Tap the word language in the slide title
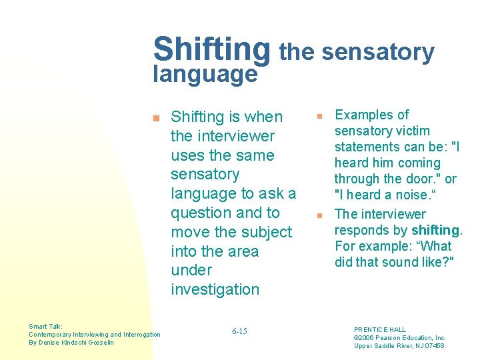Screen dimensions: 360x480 click(205, 74)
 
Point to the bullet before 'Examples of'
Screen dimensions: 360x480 click(319, 117)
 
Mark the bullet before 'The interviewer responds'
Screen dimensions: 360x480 click(319, 215)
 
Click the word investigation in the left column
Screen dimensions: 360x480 click(215, 289)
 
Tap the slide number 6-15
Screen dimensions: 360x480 click(239, 331)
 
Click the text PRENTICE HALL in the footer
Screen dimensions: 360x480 click(380, 329)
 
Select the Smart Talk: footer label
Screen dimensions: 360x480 click(45, 327)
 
